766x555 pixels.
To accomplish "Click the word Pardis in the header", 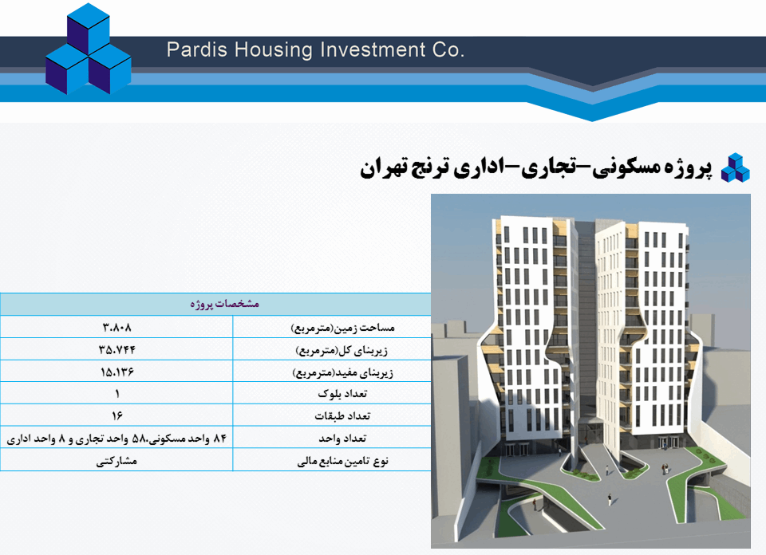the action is tap(197, 49).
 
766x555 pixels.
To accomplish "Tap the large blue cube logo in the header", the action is tap(89, 49).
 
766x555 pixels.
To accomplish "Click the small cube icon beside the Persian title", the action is tap(735, 168).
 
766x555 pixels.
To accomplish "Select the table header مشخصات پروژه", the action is tap(225, 304).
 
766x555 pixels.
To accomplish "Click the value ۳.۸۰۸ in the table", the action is tap(116, 327).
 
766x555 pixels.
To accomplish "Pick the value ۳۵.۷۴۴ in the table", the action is tap(116, 349).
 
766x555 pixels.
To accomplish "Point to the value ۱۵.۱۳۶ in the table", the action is tap(116, 372).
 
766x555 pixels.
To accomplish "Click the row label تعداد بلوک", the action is tap(342, 393).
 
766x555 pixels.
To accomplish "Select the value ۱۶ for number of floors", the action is tap(116, 416).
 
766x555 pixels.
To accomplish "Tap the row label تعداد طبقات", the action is tap(342, 416).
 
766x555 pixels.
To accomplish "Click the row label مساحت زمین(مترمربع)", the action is tap(342, 328).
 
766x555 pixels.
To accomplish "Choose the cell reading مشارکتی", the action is tap(116, 461).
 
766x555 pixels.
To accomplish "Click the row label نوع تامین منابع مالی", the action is tap(342, 461).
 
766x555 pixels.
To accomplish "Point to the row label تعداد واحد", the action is tap(342, 439).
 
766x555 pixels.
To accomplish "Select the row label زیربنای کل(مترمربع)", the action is tap(342, 350).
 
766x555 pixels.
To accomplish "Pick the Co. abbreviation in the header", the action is tap(448, 49).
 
